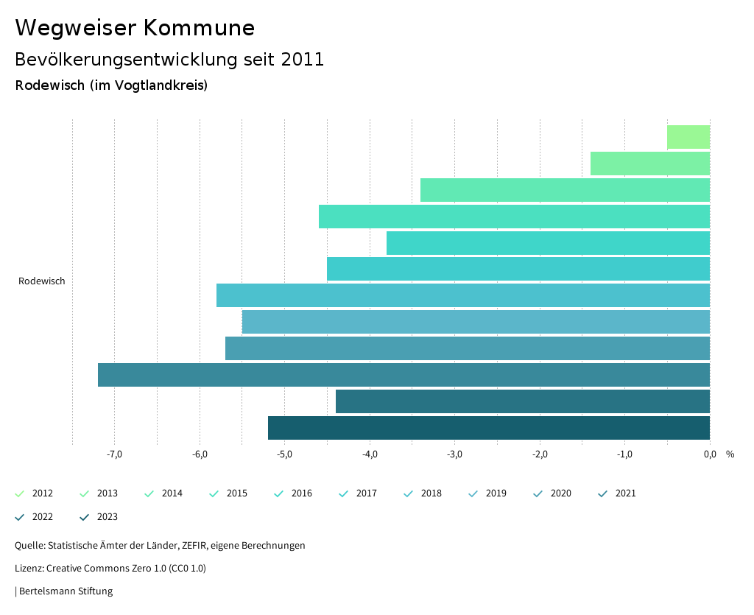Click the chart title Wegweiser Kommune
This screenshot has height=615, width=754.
pyautogui.click(x=135, y=28)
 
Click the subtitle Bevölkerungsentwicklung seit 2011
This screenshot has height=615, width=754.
pyautogui.click(x=169, y=60)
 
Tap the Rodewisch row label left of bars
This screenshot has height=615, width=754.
pyautogui.click(x=42, y=281)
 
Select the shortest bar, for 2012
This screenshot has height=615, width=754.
pyautogui.click(x=688, y=138)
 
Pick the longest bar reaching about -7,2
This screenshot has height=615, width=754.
pyautogui.click(x=404, y=375)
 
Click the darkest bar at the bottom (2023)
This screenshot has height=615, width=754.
pyautogui.click(x=489, y=428)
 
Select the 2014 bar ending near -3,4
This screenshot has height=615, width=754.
pyautogui.click(x=565, y=190)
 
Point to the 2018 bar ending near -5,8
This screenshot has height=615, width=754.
pyautogui.click(x=463, y=295)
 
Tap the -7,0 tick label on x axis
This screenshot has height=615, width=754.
pyautogui.click(x=114, y=454)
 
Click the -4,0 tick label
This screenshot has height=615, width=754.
pyautogui.click(x=370, y=454)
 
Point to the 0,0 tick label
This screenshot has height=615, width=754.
pyautogui.click(x=710, y=454)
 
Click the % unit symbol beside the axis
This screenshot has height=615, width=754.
pyautogui.click(x=730, y=454)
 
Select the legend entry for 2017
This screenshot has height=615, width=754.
pyautogui.click(x=366, y=493)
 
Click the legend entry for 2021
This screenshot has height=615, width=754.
pyautogui.click(x=625, y=493)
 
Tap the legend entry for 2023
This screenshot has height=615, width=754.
pyautogui.click(x=107, y=517)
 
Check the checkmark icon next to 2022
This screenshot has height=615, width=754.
pyautogui.click(x=20, y=517)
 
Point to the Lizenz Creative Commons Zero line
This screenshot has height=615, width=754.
pyautogui.click(x=110, y=569)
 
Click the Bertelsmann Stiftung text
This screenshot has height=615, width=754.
pyautogui.click(x=66, y=591)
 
